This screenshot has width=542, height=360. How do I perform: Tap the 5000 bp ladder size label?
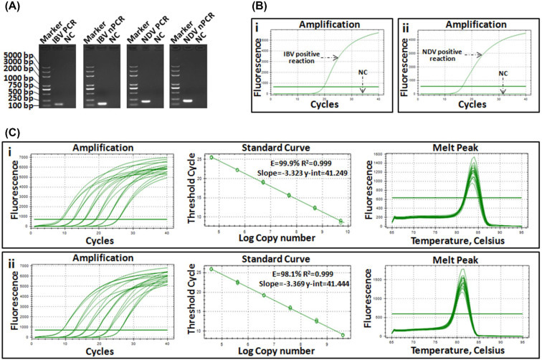(x=17, y=54)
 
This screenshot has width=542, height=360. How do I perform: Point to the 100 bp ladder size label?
(x=19, y=106)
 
